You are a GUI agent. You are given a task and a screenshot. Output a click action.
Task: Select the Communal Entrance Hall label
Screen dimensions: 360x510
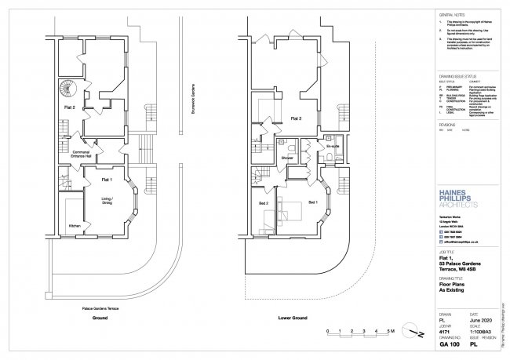83,155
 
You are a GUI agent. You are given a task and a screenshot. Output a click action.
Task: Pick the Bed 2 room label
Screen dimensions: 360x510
264,203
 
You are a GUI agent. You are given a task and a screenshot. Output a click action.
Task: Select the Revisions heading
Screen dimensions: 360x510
447,124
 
